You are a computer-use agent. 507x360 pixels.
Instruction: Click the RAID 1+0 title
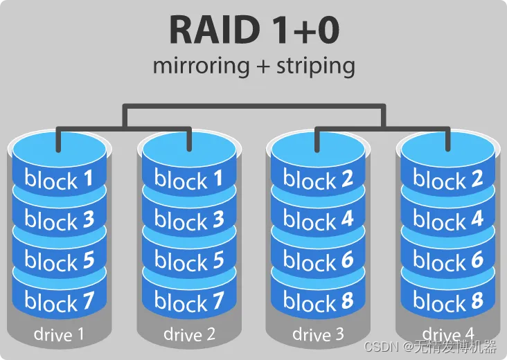coord(254,30)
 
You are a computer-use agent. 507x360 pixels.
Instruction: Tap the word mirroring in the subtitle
coord(200,66)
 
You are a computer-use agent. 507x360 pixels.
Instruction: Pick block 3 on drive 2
coord(189,220)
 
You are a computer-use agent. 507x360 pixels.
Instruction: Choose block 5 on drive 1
coord(59,261)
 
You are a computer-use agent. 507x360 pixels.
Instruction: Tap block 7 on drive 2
coord(189,302)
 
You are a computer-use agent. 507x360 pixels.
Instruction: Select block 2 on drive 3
coord(318,179)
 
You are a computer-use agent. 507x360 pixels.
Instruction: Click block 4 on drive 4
coord(448,220)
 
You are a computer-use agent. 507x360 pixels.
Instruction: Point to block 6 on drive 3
coord(318,261)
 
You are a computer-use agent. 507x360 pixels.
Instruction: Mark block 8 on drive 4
coord(448,302)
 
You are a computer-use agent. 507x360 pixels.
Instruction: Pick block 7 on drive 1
coord(59,302)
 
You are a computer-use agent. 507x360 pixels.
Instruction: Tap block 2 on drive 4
coord(448,179)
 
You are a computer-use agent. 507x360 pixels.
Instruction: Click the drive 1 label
coord(59,335)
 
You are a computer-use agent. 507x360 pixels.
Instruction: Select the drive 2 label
coord(189,335)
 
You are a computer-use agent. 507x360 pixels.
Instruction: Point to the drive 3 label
coord(318,335)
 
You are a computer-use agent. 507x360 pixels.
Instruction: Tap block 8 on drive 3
coord(318,302)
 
